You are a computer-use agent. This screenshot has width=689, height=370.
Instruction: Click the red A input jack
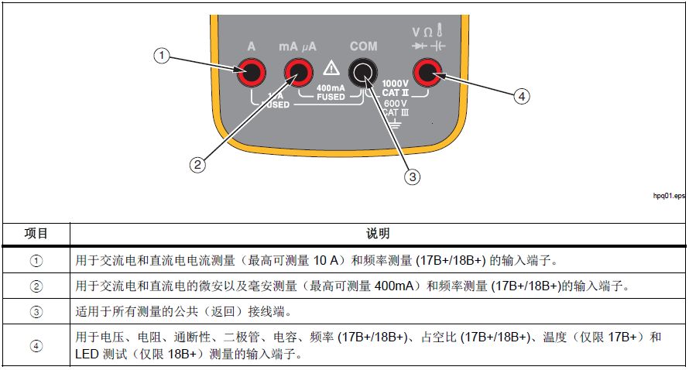pyautogui.click(x=252, y=74)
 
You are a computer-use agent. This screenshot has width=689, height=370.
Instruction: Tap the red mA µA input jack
pyautogui.click(x=297, y=74)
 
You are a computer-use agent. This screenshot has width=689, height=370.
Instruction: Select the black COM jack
pyautogui.click(x=362, y=74)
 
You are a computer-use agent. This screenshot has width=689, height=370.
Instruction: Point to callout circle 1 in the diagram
pyautogui.click(x=161, y=55)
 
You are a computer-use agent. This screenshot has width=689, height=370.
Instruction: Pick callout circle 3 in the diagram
pyautogui.click(x=413, y=176)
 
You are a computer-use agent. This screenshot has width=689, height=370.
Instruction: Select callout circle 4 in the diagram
pyautogui.click(x=522, y=96)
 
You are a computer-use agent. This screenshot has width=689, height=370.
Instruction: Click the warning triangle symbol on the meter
pyautogui.click(x=331, y=67)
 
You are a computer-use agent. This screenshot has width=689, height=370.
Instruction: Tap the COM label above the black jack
pyautogui.click(x=362, y=46)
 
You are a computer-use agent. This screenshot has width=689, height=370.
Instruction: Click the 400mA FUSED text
pyautogui.click(x=331, y=92)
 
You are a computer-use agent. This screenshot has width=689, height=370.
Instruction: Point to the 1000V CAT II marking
pyautogui.click(x=395, y=87)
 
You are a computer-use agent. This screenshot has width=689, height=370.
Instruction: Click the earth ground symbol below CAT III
pyautogui.click(x=395, y=123)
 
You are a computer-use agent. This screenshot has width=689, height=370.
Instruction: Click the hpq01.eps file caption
pyautogui.click(x=669, y=197)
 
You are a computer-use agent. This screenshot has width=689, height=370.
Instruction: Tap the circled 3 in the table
pyautogui.click(x=36, y=312)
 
